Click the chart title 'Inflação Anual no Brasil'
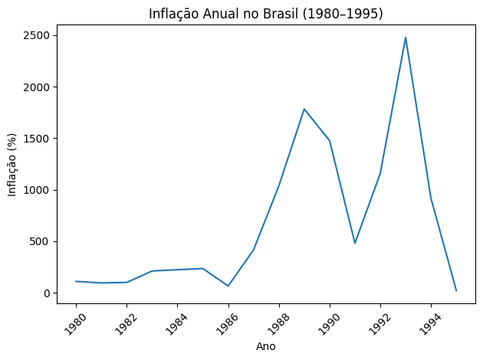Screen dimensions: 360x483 (x=265, y=13)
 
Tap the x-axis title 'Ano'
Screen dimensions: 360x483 (x=265, y=346)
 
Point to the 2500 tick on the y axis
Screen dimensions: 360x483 (x=39, y=36)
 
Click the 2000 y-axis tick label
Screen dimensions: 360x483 (x=39, y=87)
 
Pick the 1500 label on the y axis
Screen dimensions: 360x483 (x=39, y=139)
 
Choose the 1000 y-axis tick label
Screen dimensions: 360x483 (x=39, y=190)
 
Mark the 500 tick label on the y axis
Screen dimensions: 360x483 (x=42, y=241)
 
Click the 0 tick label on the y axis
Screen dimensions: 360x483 (x=48, y=293)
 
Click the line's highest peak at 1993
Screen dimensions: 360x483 (x=406, y=38)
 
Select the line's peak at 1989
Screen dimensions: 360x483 (x=304, y=109)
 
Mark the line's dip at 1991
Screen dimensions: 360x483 (x=355, y=244)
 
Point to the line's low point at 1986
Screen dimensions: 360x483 (x=228, y=286)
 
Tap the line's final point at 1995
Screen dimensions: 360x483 (x=456, y=290)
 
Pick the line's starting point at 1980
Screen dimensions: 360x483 (x=76, y=281)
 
